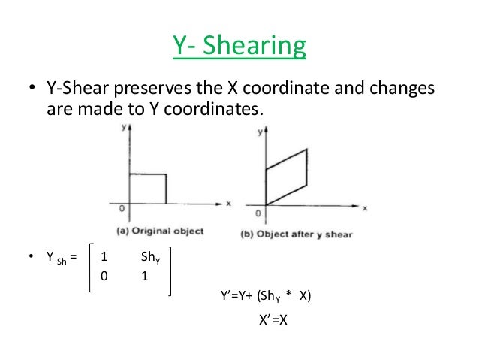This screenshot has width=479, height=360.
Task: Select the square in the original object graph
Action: click(x=148, y=188)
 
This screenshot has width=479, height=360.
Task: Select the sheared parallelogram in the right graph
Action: click(x=287, y=177)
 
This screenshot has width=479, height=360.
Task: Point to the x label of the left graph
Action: click(x=227, y=202)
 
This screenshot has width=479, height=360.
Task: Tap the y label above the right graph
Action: click(x=259, y=132)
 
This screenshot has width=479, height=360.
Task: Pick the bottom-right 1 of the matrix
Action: click(x=144, y=276)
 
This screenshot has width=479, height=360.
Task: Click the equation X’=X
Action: click(x=274, y=319)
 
